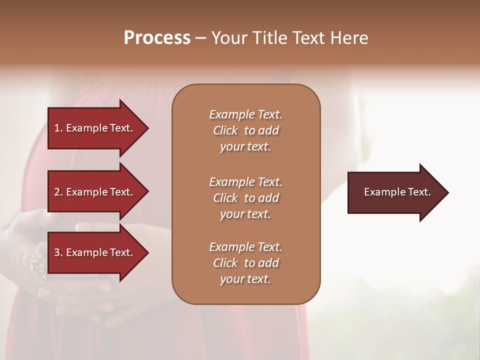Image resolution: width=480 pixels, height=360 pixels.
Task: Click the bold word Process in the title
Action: point(157,38)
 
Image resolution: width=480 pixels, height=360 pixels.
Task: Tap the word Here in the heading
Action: point(349,38)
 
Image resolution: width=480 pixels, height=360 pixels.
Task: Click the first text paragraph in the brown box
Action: point(245,130)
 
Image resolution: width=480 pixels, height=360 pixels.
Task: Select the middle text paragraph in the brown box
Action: point(245,198)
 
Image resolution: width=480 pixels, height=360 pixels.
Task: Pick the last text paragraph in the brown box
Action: point(245,263)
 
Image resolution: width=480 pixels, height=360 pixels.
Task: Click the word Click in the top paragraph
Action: point(225,130)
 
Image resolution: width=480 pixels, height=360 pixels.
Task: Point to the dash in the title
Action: point(200,38)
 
